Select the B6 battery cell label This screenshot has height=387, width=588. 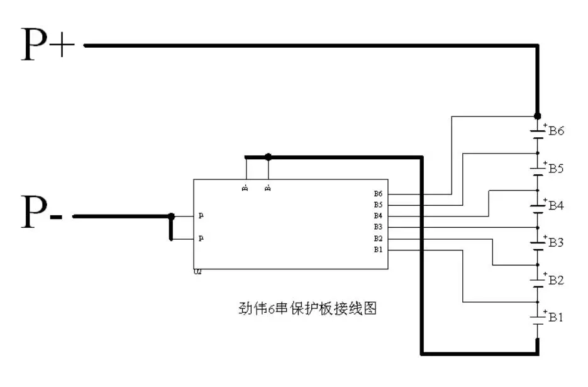(557, 132)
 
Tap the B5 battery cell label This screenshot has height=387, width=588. (556, 169)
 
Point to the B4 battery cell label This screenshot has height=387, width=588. (556, 206)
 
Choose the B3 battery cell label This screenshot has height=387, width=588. (556, 243)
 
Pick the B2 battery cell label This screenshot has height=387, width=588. (556, 280)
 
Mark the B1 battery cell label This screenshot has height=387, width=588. (556, 317)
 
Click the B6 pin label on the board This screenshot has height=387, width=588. (378, 194)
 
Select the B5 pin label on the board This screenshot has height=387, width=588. (378, 205)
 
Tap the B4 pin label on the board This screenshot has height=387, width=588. (378, 216)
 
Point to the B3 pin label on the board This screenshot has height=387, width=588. (378, 227)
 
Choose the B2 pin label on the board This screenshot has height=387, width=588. (378, 238)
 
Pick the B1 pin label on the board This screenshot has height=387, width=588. (378, 250)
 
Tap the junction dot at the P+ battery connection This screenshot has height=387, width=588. (537, 116)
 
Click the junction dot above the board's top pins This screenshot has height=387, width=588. (269, 157)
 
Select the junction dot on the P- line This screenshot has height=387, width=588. (170, 216)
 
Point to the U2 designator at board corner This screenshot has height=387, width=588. (197, 272)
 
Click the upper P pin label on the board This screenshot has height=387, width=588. (201, 216)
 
